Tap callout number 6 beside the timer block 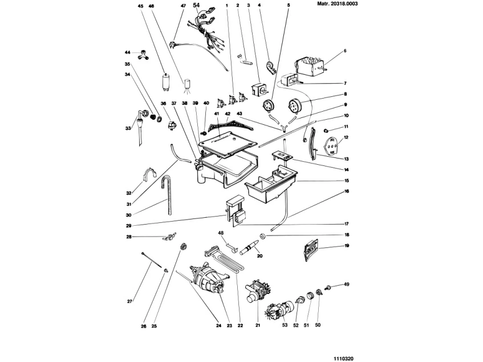(345, 51)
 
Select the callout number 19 (347, 245)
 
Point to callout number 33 (128, 128)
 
